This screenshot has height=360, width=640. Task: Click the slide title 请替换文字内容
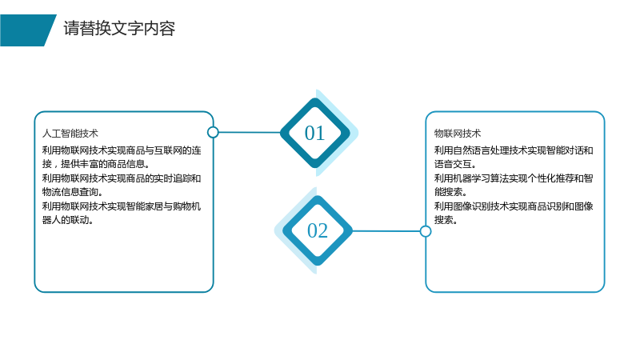click(119, 29)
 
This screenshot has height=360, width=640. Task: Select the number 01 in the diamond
click(314, 133)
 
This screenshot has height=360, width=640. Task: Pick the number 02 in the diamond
click(318, 230)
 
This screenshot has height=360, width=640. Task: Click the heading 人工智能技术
click(70, 134)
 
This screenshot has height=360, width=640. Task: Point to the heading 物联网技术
click(458, 134)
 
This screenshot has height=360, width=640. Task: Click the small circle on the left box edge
click(213, 132)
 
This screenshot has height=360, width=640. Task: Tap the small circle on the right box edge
click(426, 231)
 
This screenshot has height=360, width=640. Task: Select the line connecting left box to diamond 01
click(250, 132)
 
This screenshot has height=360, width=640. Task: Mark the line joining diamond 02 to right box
click(386, 231)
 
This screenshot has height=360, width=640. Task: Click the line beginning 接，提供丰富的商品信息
click(96, 164)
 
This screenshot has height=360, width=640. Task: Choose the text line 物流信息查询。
click(73, 192)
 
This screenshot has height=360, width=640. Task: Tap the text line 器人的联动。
click(68, 220)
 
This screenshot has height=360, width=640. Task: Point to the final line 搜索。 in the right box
click(446, 220)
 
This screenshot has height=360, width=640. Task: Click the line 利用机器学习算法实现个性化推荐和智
click(514, 178)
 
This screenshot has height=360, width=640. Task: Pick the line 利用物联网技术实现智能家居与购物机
click(122, 206)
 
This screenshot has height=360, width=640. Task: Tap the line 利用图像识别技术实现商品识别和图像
click(514, 206)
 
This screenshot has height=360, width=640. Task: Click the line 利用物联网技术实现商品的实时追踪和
click(122, 178)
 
